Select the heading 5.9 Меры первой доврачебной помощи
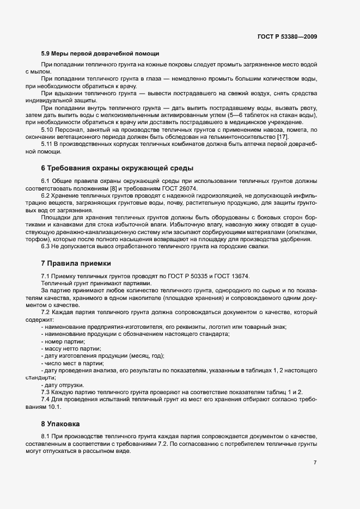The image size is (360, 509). click(x=100, y=54)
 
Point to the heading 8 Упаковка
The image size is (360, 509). click(x=64, y=422)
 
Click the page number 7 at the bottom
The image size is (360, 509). click(x=315, y=463)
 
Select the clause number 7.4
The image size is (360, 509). click(x=46, y=400)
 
